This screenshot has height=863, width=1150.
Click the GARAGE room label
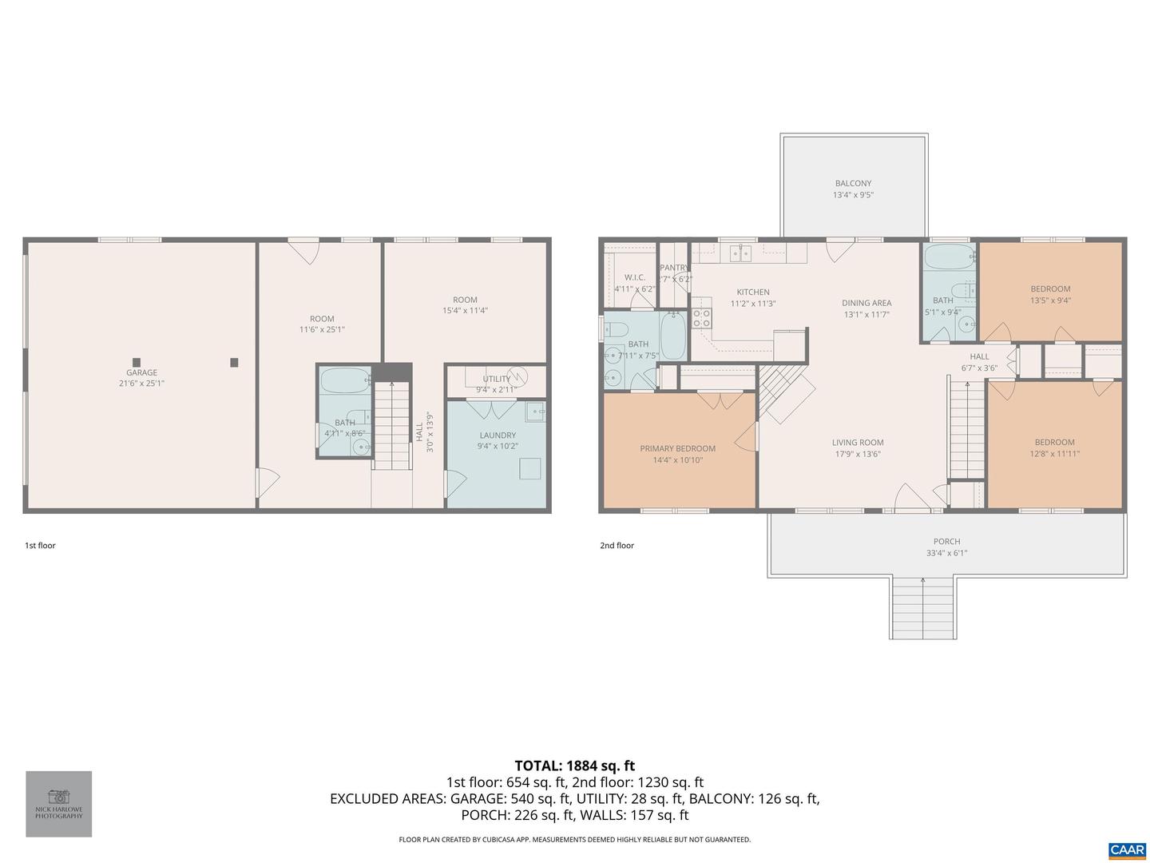(141, 372)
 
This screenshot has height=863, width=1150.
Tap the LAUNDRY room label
(497, 435)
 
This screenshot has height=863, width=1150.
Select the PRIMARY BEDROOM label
(677, 448)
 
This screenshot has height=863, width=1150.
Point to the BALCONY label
(853, 183)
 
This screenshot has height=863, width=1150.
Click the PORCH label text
(946, 541)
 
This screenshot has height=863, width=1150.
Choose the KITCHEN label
(752, 292)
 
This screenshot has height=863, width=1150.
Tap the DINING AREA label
(866, 303)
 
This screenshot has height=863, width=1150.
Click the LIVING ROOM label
(857, 442)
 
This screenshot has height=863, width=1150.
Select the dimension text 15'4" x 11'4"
(465, 311)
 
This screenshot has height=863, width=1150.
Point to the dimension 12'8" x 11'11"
(1054, 453)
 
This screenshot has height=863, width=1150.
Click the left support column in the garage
(137, 362)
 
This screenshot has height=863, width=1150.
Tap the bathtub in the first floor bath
(345, 380)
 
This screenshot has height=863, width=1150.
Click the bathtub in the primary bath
(672, 336)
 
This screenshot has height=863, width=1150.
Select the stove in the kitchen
(701, 317)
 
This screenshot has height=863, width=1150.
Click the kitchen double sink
(740, 253)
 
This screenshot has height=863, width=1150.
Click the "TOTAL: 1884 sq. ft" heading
(574, 766)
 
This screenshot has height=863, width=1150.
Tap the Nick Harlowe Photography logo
(58, 803)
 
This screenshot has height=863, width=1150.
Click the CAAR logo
(1126, 849)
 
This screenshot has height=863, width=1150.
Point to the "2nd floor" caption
(617, 546)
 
